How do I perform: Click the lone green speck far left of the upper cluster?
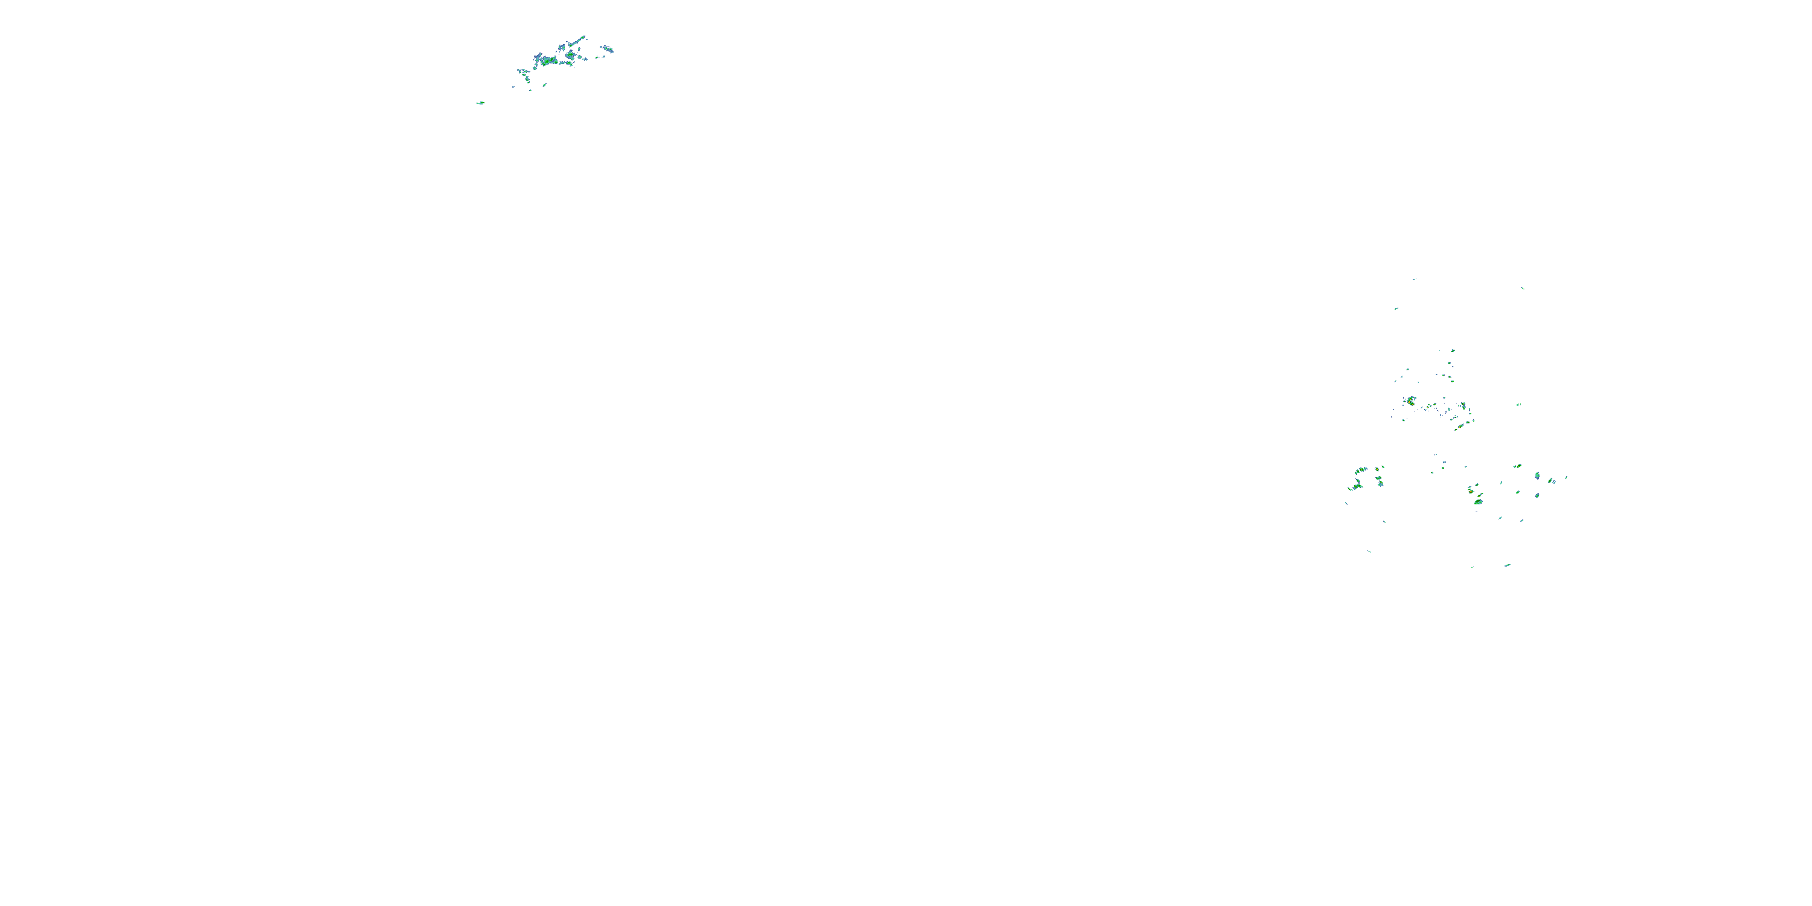coord(480,103)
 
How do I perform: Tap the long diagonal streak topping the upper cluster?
coord(577,41)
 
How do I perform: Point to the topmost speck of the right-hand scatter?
coord(1415,278)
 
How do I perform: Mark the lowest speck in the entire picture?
coord(1507,565)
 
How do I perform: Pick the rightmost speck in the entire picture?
coord(1566,477)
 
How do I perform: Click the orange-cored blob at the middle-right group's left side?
coord(1411,401)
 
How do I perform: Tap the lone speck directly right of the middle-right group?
coord(1518,405)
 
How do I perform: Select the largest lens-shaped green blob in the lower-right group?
coord(1478,501)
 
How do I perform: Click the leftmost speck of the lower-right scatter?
coord(1346,503)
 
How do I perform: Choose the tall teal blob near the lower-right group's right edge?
coord(1537,476)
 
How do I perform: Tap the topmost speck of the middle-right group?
coord(1453,350)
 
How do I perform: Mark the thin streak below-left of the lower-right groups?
coord(1369,551)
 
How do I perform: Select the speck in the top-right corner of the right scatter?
coord(1522,288)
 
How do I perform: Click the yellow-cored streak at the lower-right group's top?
coord(1517,466)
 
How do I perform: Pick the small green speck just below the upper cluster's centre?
coord(544,85)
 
